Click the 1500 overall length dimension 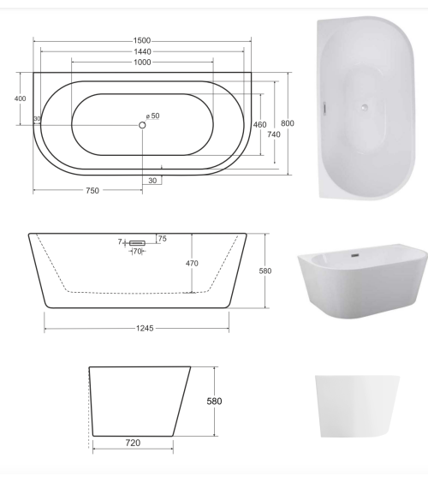(142, 40)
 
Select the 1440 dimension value (142, 51)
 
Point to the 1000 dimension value (142, 62)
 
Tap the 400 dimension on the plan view (21, 98)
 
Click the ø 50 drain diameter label (153, 116)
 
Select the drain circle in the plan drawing (142, 125)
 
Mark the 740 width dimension (274, 134)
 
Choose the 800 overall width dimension (288, 124)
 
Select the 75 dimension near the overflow (162, 238)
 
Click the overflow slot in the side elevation (137, 243)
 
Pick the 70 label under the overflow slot (137, 252)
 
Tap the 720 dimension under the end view (133, 443)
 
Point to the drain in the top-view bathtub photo (365, 107)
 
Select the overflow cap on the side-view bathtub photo (354, 254)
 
